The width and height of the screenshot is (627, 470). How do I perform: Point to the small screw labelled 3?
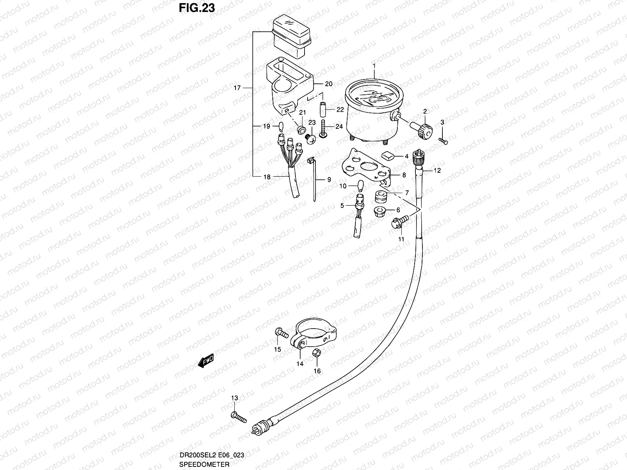pyautogui.click(x=443, y=141)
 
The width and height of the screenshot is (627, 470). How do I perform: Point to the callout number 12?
pyautogui.click(x=437, y=170)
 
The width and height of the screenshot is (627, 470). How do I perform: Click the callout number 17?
pyautogui.click(x=237, y=88)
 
